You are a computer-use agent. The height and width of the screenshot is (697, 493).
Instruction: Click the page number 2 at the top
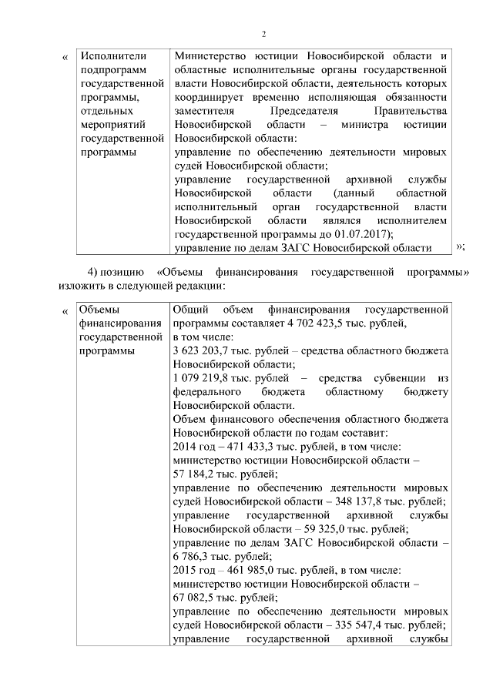[263, 34]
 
